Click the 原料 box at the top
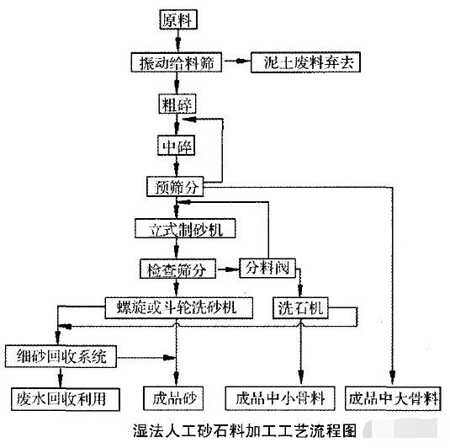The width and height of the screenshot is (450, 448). (177, 19)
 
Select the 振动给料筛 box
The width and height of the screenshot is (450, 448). (177, 62)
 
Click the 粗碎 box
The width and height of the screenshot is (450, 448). (177, 104)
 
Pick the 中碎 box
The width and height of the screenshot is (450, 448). (177, 146)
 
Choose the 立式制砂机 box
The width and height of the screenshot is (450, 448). (184, 228)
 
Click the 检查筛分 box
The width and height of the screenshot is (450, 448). (177, 269)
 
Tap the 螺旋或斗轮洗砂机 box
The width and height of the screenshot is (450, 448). (177, 307)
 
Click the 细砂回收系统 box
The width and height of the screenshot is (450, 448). (57, 355)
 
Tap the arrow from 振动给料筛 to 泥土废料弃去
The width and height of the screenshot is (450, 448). (236, 62)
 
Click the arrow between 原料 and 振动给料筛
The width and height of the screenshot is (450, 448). (177, 40)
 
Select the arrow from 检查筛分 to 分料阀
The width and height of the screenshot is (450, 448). (226, 269)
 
